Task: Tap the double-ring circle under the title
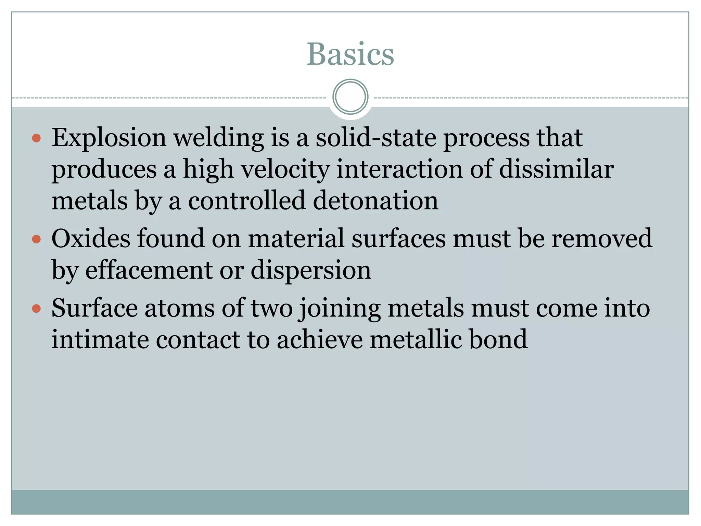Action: click(350, 97)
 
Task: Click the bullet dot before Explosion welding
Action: click(36, 139)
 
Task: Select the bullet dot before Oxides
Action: click(36, 239)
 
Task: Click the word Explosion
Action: click(109, 138)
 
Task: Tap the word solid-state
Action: click(375, 137)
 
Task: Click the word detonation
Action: click(375, 201)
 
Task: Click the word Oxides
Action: click(91, 238)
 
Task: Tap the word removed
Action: click(602, 238)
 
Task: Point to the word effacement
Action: click(149, 270)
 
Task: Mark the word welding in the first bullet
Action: click(219, 138)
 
